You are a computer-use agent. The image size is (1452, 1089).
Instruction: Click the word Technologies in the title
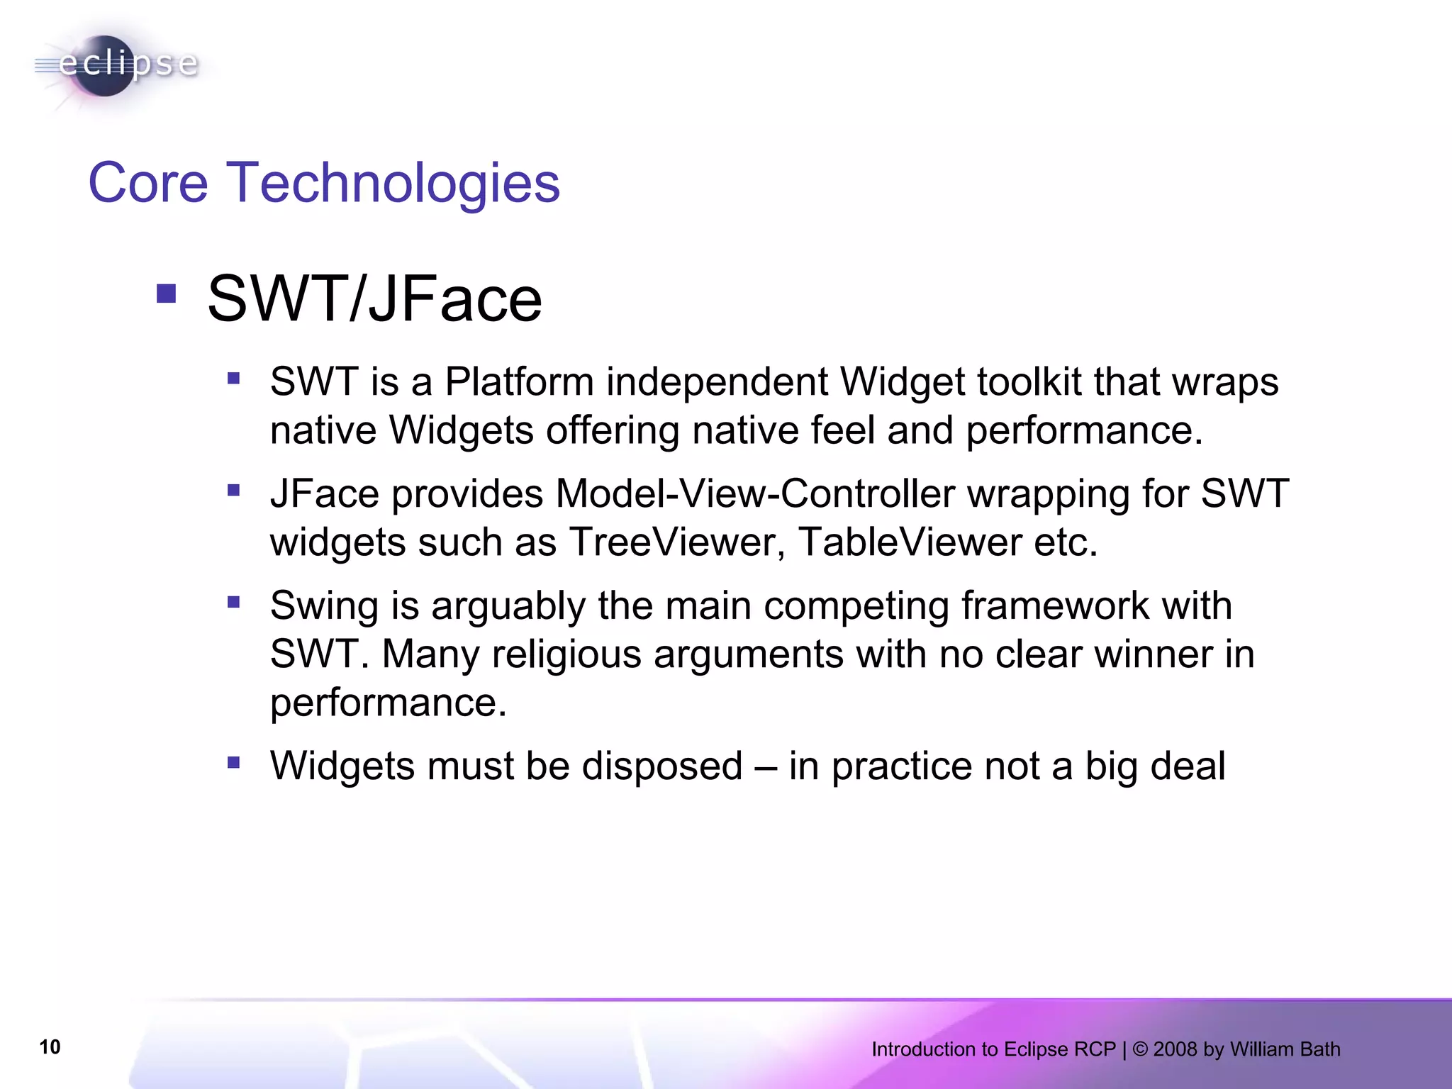(393, 183)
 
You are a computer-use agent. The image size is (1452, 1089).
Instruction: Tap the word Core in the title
(147, 183)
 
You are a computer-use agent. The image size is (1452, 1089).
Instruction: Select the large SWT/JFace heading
(374, 299)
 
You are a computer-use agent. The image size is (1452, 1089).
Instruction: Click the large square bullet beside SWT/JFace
(167, 294)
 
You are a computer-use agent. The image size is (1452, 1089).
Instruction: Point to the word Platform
(519, 382)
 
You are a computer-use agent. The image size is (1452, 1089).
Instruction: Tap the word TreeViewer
(677, 542)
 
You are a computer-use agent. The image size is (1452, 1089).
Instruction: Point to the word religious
(566, 654)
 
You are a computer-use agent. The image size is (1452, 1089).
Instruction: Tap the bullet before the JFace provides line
(234, 490)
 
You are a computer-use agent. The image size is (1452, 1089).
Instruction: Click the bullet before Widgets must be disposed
(234, 763)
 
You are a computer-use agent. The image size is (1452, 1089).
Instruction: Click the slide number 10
(50, 1047)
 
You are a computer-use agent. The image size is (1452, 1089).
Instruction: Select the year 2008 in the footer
(1175, 1049)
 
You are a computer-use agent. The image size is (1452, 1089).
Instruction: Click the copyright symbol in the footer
(1140, 1049)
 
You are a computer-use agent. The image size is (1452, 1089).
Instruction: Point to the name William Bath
(1285, 1049)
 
